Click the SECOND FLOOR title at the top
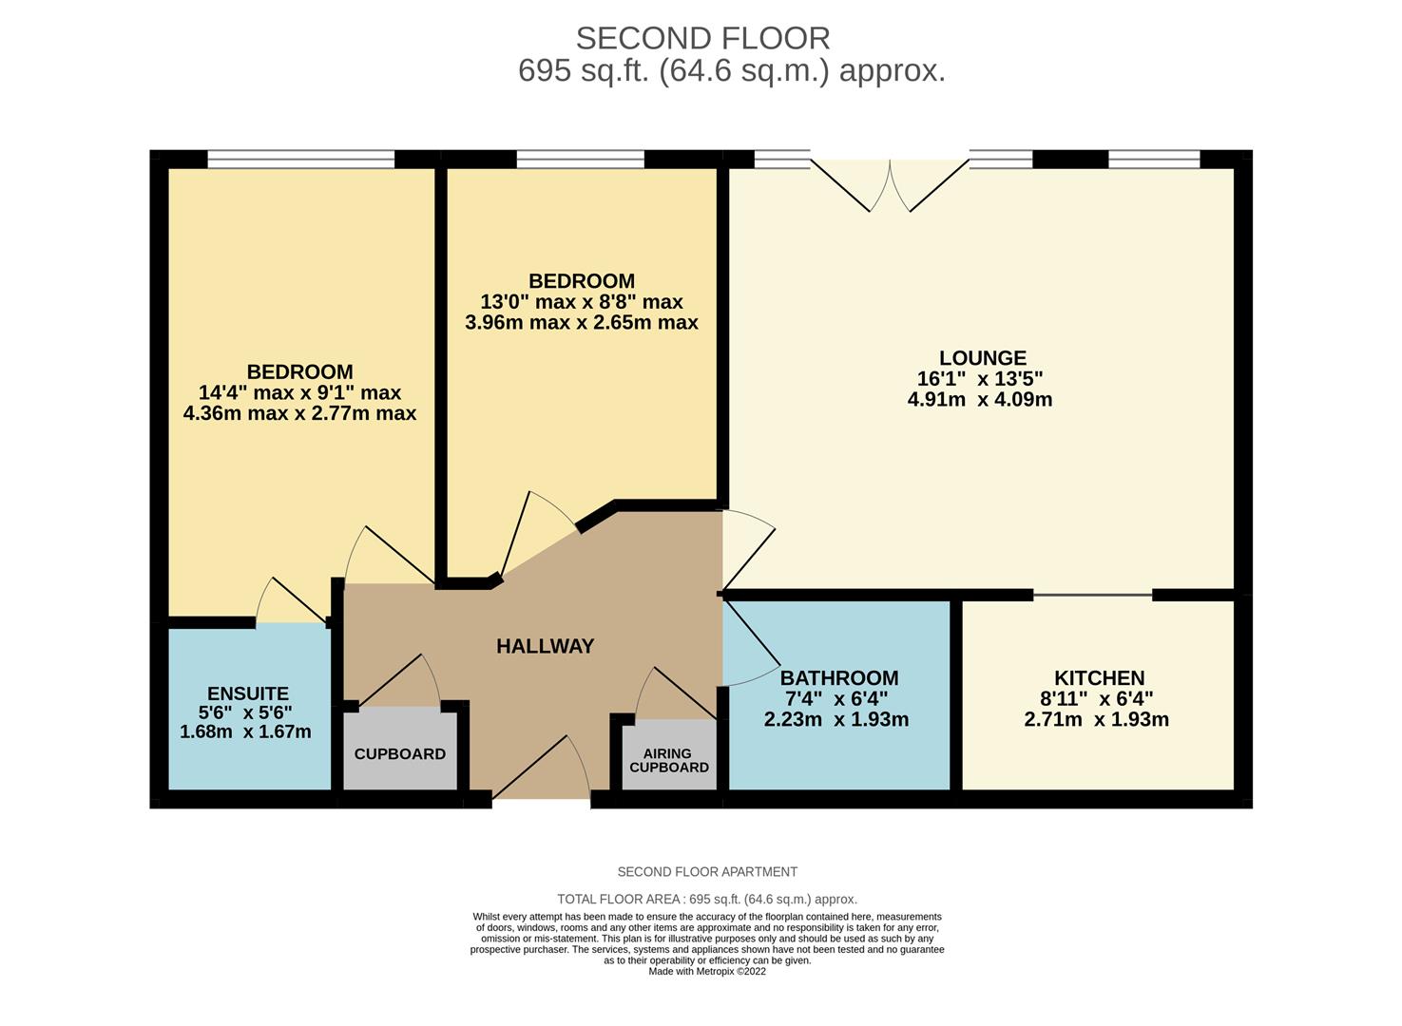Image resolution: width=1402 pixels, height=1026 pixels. (x=702, y=39)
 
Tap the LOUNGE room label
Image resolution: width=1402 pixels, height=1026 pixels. (x=983, y=358)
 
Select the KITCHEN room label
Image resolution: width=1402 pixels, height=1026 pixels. (x=1099, y=677)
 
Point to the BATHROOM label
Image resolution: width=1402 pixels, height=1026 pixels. (x=839, y=677)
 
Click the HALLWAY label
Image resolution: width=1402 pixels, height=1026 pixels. (x=546, y=646)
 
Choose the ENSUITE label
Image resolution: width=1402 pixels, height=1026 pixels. (x=248, y=693)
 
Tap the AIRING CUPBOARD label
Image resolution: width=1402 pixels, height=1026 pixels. (x=669, y=760)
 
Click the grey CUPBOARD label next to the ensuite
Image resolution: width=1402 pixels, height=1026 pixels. (x=400, y=754)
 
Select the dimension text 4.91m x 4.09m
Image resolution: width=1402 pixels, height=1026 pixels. (x=980, y=399)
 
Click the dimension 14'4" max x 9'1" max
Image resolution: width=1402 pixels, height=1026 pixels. (x=299, y=392)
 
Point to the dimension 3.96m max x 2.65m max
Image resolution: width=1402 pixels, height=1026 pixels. (x=582, y=322)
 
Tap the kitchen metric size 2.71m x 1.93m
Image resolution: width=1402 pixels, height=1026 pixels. (x=1097, y=719)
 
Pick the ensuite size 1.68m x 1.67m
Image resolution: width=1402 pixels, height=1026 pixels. (x=245, y=731)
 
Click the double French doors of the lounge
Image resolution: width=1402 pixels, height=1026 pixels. (x=890, y=186)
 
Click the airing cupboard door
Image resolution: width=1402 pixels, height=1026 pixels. (x=676, y=693)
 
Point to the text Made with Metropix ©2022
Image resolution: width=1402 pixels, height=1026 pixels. (x=707, y=972)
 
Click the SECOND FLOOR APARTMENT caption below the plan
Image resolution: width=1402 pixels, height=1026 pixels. (x=707, y=871)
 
